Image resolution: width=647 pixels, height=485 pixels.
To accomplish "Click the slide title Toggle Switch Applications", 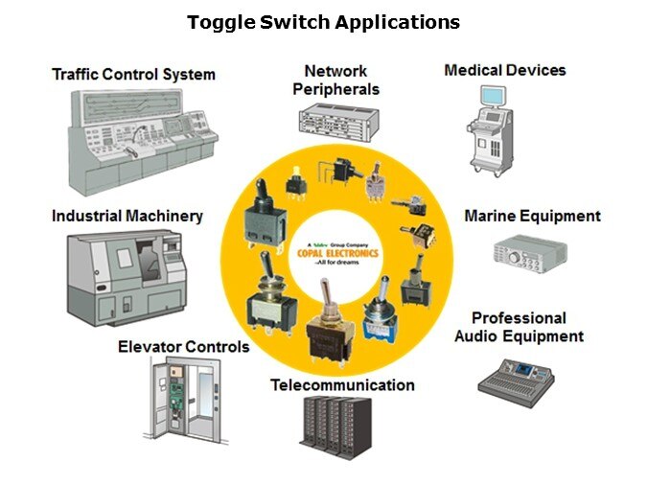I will (x=323, y=21).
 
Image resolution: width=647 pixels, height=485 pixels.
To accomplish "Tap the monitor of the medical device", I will (x=493, y=97).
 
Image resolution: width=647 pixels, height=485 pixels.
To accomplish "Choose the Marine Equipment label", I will (x=532, y=216).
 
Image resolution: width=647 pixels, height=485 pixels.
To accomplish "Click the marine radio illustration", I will (x=523, y=251).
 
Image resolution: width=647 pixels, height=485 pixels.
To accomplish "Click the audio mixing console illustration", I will (x=517, y=376).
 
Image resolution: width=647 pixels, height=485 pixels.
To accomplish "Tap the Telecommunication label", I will (x=342, y=385).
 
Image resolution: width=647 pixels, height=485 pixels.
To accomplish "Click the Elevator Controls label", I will (x=183, y=346).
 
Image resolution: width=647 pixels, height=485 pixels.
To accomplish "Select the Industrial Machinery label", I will (x=127, y=216).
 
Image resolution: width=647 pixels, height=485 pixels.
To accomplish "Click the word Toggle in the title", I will (x=218, y=21).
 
